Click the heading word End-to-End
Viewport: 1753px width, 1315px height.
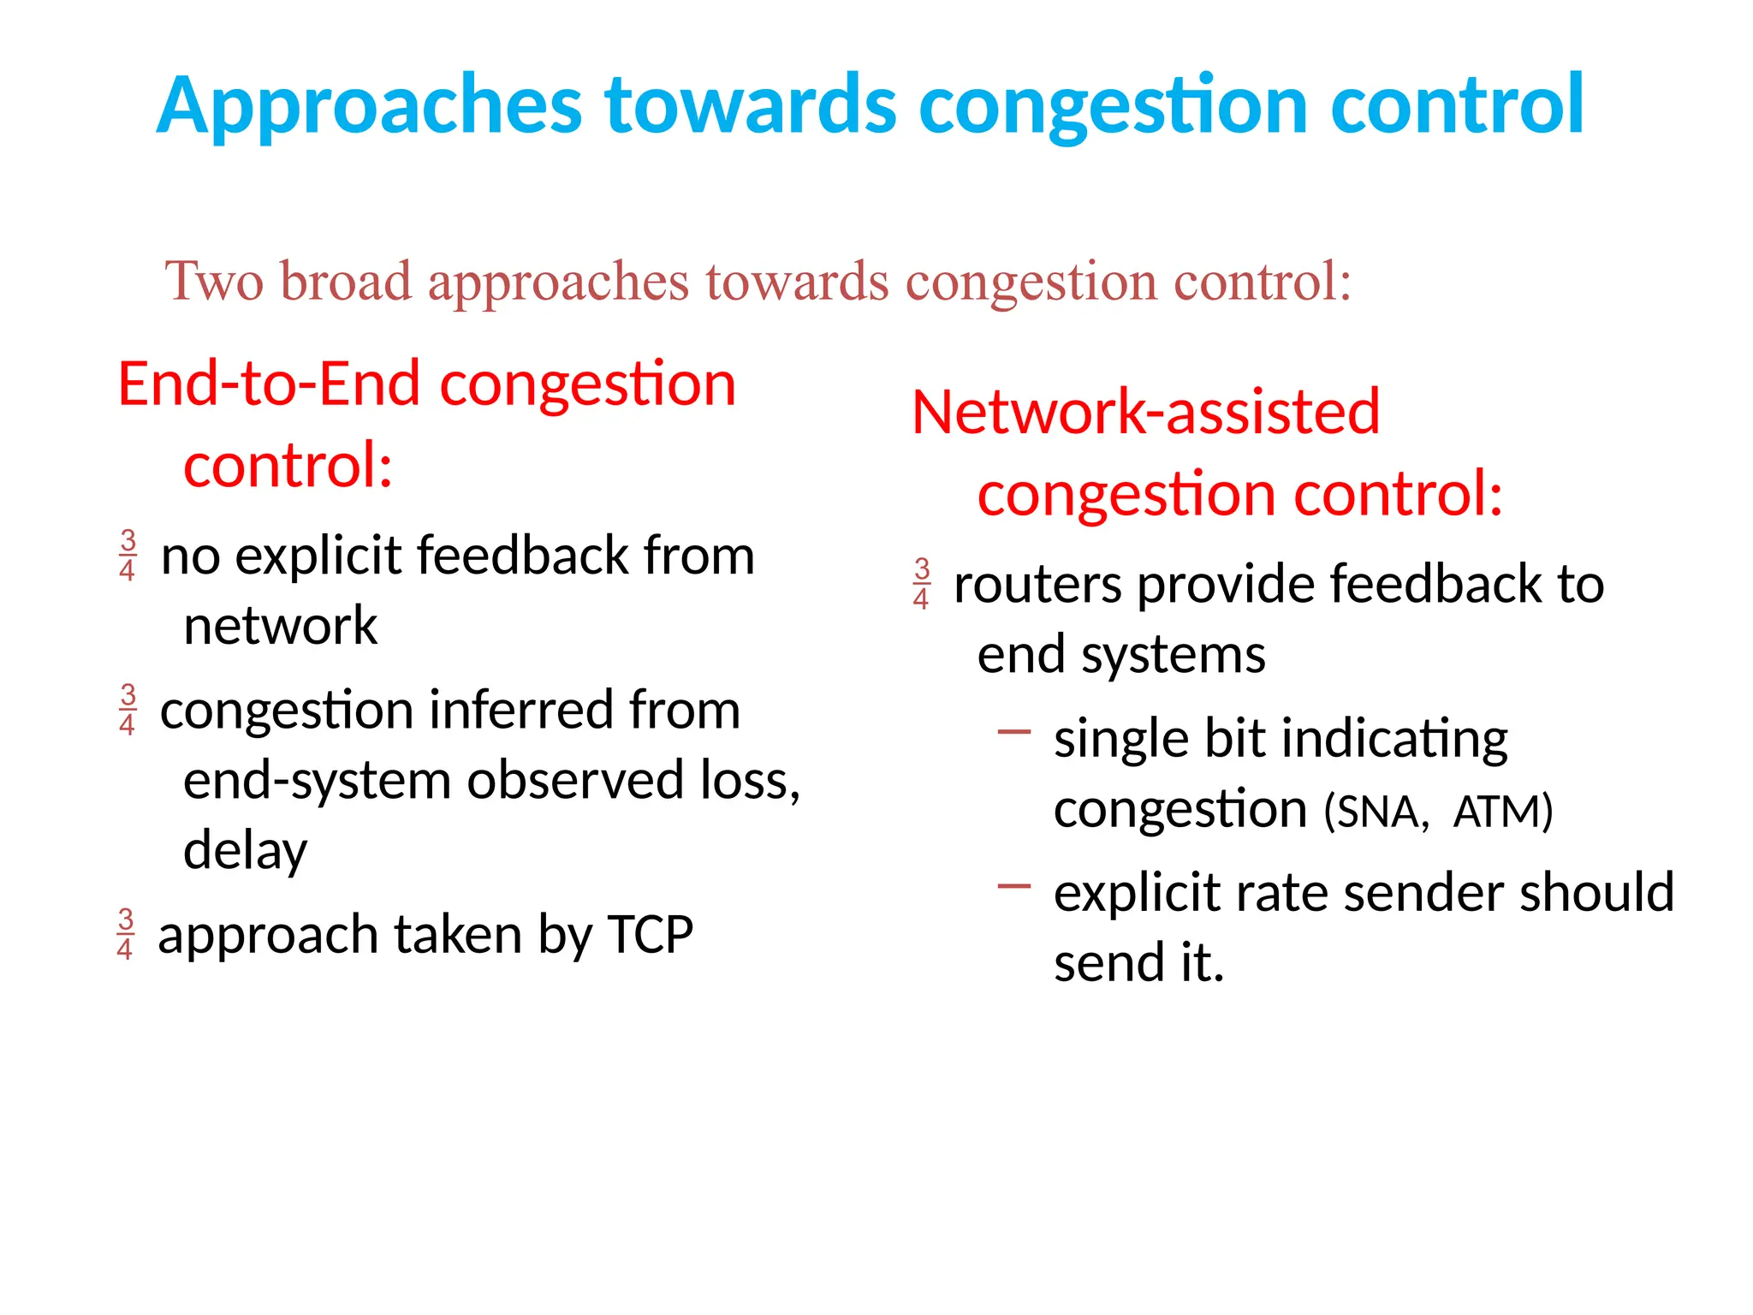[x=270, y=384]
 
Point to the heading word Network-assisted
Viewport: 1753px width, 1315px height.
[x=1145, y=413]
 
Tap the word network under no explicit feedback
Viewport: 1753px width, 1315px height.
[x=280, y=627]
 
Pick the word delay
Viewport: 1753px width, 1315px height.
[x=245, y=851]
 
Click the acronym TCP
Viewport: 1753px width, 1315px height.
[x=651, y=934]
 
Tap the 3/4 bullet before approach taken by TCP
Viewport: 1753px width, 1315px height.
[x=125, y=934]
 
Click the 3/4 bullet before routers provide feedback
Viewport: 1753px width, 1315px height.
[x=921, y=584]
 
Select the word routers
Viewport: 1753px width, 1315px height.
[x=1037, y=586]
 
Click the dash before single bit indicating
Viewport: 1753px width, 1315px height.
[x=1014, y=732]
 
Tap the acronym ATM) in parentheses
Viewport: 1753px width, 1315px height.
[x=1502, y=812]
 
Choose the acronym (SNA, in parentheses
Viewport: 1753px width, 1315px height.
[x=1376, y=812]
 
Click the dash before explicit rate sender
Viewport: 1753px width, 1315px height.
[x=1014, y=886]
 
